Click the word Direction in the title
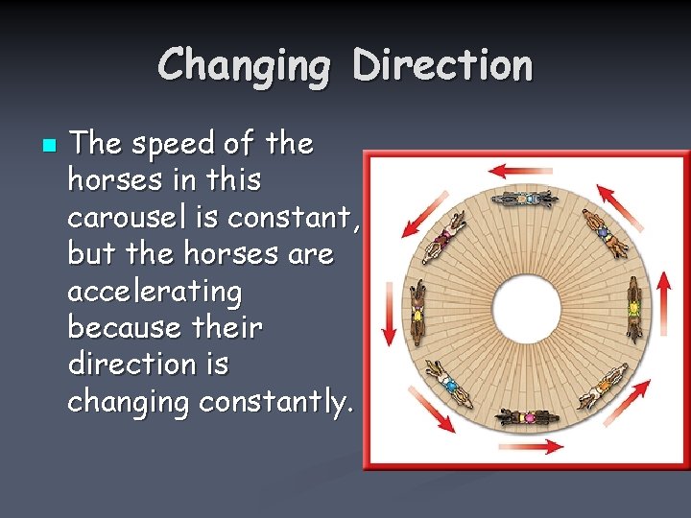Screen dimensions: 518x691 click(x=442, y=65)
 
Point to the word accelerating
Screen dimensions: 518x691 click(x=155, y=292)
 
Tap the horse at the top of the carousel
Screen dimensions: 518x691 click(x=526, y=200)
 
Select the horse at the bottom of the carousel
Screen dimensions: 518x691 click(x=526, y=418)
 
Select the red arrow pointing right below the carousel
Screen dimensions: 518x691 click(x=544, y=446)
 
